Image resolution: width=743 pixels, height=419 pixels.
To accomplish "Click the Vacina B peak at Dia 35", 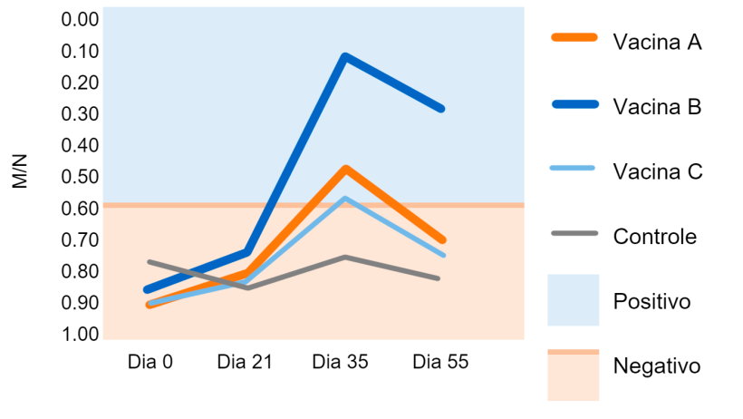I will click(344, 57).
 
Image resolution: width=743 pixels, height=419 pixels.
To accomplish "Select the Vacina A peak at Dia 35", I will click(345, 169).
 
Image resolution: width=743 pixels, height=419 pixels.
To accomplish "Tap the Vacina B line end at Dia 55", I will click(442, 108).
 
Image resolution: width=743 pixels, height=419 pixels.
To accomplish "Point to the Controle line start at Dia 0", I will click(150, 262).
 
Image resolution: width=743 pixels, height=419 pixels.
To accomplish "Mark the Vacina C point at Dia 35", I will click(345, 198).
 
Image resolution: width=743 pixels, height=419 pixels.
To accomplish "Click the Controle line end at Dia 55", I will click(439, 278).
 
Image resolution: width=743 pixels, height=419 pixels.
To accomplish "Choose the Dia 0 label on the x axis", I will click(150, 362).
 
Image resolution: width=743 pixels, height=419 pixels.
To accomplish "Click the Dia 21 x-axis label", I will click(245, 362).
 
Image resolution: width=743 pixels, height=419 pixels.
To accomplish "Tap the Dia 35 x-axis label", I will click(340, 362).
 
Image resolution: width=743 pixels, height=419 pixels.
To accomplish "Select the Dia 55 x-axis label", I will click(440, 362).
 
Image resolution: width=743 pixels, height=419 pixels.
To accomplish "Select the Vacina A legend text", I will click(658, 42).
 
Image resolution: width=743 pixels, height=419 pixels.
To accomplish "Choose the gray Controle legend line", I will click(574, 234).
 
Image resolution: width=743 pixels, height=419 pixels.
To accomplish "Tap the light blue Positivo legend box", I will click(574, 299).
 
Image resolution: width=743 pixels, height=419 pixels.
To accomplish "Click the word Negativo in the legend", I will click(658, 366).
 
